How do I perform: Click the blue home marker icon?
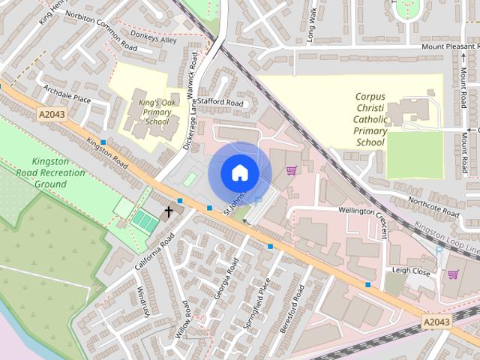(x=239, y=172)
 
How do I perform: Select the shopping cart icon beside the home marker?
(x=291, y=169)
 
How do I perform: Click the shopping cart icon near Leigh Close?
(x=452, y=274)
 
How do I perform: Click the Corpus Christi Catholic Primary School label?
(x=370, y=119)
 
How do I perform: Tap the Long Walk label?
(x=313, y=26)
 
